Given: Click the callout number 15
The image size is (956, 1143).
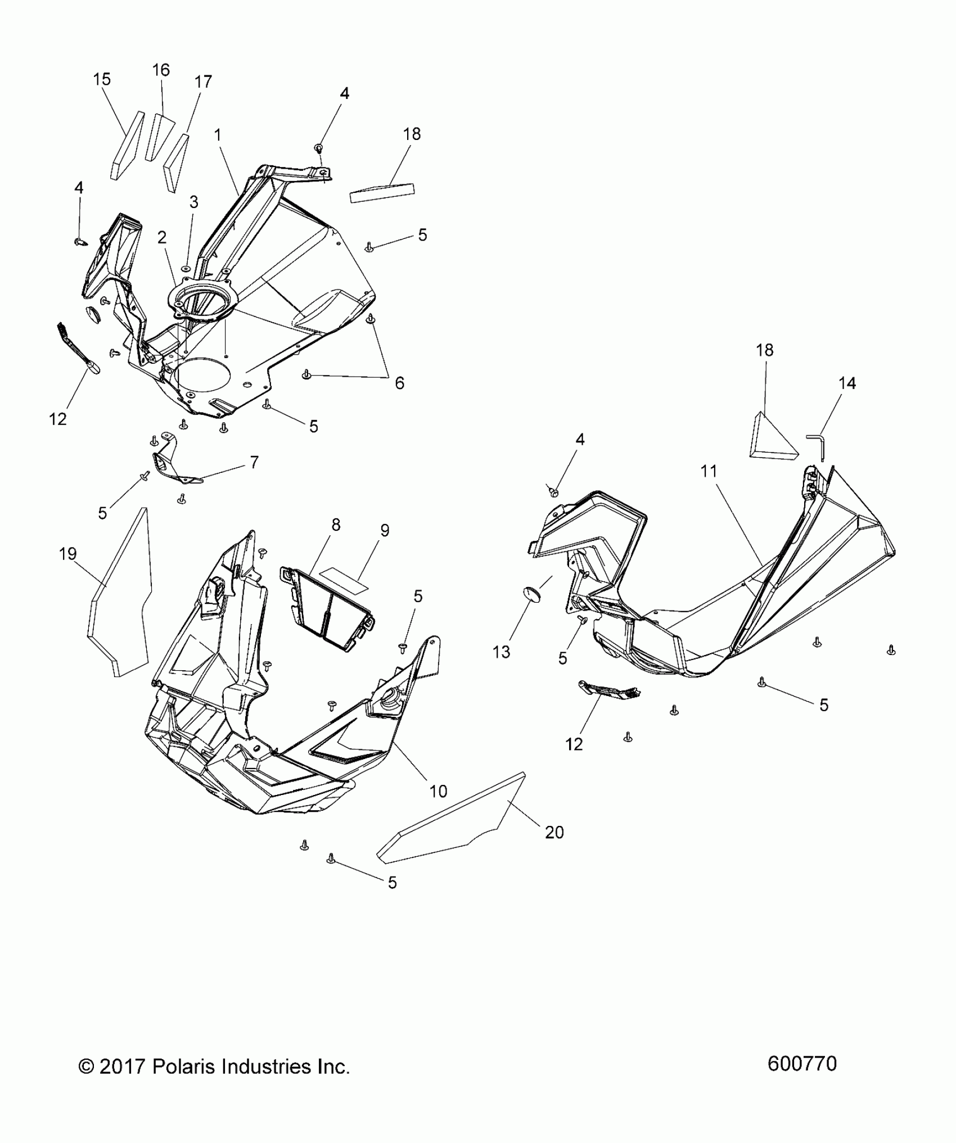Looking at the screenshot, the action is pos(102,79).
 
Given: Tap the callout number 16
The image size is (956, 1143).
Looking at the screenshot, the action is pos(161,70).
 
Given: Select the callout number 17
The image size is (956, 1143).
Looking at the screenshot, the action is pos(203,82).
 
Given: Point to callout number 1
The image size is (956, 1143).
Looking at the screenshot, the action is pos(218,135).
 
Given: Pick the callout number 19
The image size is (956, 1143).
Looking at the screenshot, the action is pos(67,554).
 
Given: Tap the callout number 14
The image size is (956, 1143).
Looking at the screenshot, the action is pos(847,383).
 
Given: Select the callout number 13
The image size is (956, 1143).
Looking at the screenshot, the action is pos(501,652).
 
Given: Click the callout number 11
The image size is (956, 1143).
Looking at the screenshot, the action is pos(709,471).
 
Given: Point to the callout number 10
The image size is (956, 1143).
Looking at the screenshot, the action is pos(438,791).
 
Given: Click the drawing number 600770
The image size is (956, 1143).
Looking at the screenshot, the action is pos(802,1064).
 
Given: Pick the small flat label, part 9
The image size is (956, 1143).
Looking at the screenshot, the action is pos(343,579).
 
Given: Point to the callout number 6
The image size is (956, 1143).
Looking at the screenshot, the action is pos(399,383).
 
